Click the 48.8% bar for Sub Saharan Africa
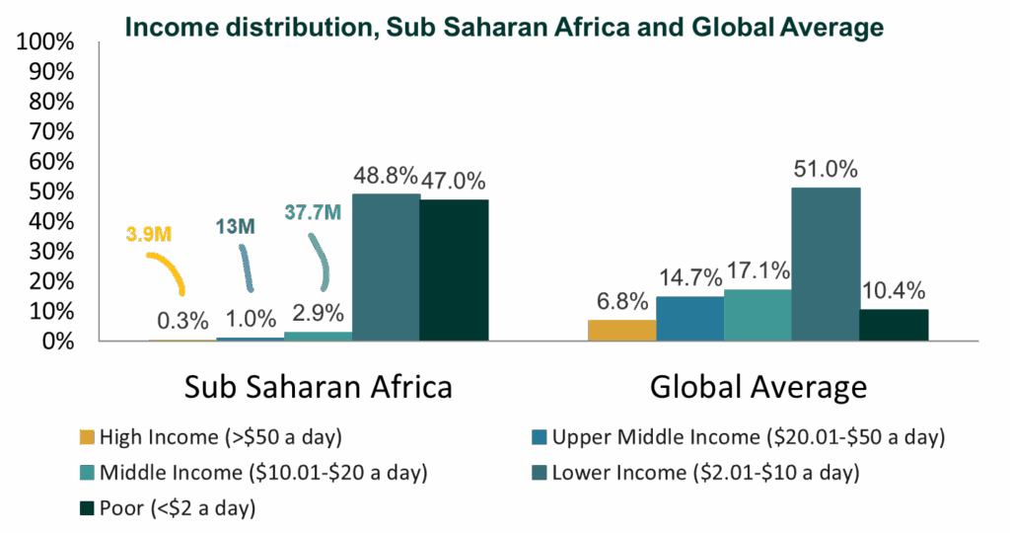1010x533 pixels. (386, 266)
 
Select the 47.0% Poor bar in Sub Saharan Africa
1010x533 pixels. (454, 269)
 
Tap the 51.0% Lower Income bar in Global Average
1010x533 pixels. (826, 264)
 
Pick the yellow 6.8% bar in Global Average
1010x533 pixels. (622, 330)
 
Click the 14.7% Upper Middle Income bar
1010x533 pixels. (689, 318)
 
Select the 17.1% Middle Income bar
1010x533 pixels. (757, 315)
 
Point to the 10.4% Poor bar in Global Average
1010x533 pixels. (894, 325)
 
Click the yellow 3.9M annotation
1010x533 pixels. (149, 234)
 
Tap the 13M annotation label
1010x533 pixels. (236, 228)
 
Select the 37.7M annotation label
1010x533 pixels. (314, 211)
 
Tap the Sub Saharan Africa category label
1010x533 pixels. (319, 387)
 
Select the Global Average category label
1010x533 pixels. (757, 387)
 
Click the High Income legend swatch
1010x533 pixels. (87, 437)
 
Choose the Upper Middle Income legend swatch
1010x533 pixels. (539, 437)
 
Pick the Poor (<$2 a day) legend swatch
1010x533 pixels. (87, 508)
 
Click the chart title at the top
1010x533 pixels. (504, 28)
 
